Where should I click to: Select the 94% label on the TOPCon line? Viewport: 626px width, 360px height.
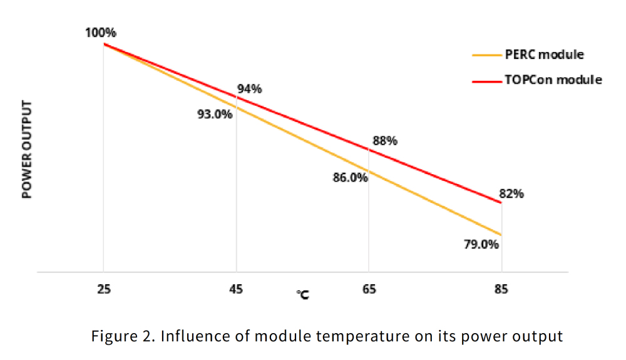point(250,89)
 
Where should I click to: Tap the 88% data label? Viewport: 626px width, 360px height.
point(385,141)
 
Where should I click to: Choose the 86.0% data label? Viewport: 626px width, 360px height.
point(350,177)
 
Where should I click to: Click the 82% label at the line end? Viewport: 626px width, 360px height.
point(511,193)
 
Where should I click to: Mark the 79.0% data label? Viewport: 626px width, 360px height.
point(481,244)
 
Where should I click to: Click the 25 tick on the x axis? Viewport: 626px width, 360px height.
point(103,289)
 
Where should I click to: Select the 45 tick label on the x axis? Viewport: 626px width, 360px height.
point(236,289)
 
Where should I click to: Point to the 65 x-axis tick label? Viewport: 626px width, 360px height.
point(369,289)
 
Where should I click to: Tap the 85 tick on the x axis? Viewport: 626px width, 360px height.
point(501,289)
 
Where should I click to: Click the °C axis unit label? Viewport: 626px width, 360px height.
point(302,294)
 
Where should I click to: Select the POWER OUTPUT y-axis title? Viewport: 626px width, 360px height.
point(26,150)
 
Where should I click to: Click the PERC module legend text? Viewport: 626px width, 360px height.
point(544,54)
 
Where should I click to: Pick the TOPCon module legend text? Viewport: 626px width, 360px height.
point(553,80)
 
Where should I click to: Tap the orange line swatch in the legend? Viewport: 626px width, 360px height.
point(486,55)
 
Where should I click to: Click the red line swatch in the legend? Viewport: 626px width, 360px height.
point(486,80)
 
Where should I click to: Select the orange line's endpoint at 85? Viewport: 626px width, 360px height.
point(501,235)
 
